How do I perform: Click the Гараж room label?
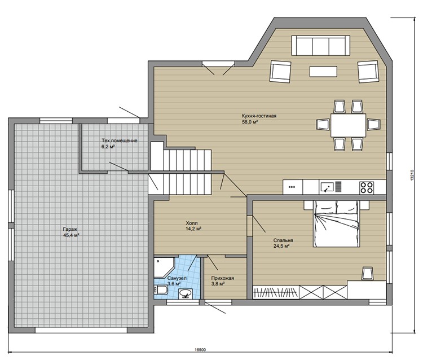coord(70,229)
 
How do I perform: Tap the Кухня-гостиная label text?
coord(259,116)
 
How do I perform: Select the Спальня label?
coord(283,240)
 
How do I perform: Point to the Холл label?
coord(192,223)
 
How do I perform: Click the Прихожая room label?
coord(223,278)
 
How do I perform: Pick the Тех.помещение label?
coord(119,141)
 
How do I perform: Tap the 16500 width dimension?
coord(200,349)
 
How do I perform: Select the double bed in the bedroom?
coord(336,223)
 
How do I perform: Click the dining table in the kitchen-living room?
coord(349,125)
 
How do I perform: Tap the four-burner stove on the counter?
coord(367,187)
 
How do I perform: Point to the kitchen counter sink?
coord(327,187)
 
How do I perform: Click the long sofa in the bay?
coord(321,45)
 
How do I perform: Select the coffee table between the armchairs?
coord(324,72)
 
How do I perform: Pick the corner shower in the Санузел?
coord(164,267)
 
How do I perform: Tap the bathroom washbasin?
coord(186,293)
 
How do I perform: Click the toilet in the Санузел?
coord(161,290)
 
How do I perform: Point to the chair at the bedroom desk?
coord(367,273)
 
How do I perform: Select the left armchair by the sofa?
coord(280,71)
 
